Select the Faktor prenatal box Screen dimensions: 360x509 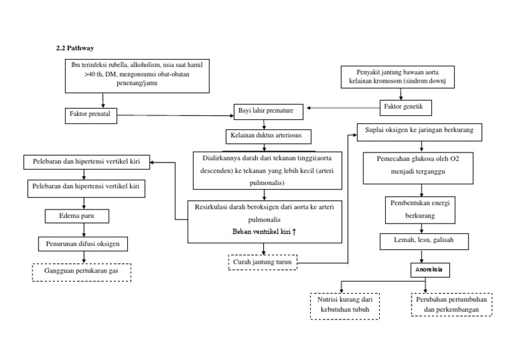[x=90, y=114]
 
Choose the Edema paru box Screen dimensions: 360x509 [x=86, y=216]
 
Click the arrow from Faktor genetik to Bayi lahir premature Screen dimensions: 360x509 [x=345, y=108]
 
